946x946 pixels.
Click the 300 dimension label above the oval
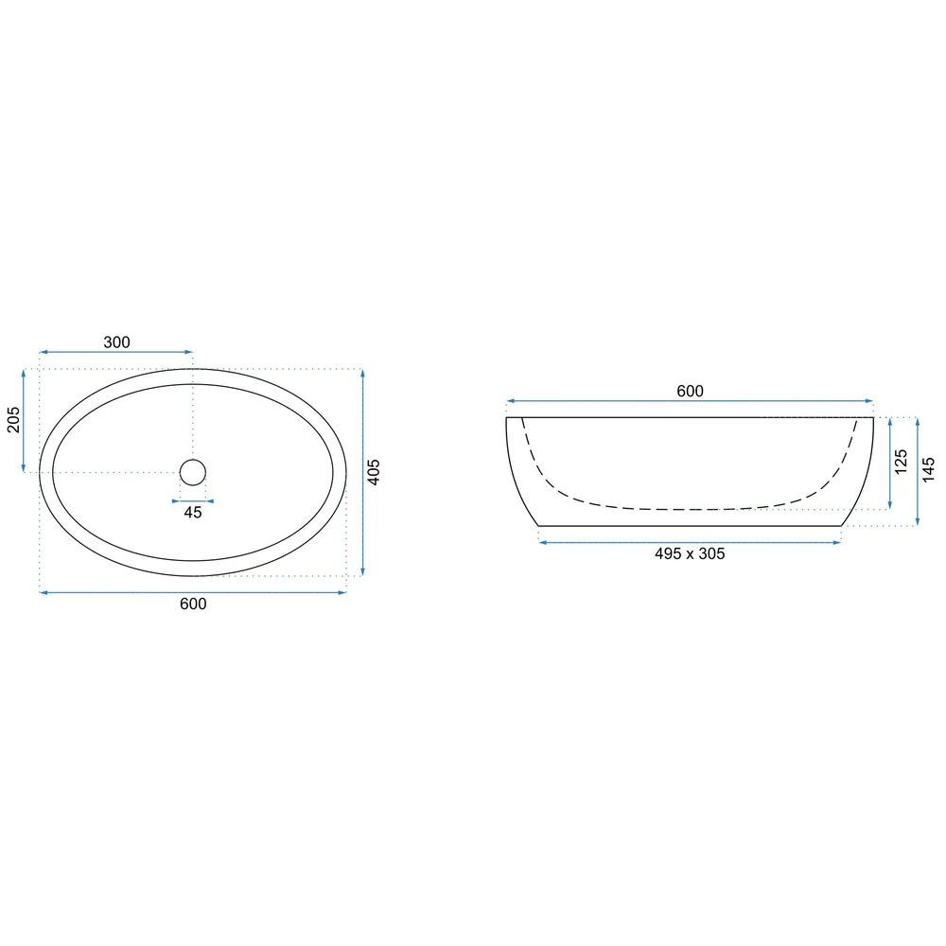click(x=116, y=342)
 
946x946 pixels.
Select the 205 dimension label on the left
click(x=13, y=420)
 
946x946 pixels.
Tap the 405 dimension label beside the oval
click(x=374, y=472)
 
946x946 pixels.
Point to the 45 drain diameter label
click(x=192, y=512)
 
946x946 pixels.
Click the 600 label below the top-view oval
click(x=193, y=604)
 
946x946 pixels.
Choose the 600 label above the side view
click(x=690, y=391)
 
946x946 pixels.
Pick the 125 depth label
click(x=901, y=462)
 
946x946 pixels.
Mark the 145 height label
click(x=929, y=469)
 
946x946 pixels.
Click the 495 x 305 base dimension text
click(x=690, y=553)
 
